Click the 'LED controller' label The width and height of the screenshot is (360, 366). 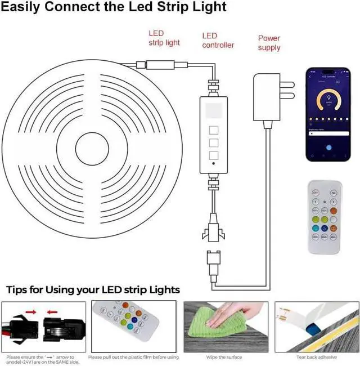[218, 41]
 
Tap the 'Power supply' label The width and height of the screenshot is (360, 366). [269, 43]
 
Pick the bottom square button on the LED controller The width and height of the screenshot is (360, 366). [213, 155]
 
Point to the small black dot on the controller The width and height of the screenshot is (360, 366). [213, 166]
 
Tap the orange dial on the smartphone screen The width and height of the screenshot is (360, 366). [327, 101]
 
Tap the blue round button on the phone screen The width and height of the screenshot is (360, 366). [327, 148]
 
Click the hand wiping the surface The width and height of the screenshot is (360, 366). [229, 313]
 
